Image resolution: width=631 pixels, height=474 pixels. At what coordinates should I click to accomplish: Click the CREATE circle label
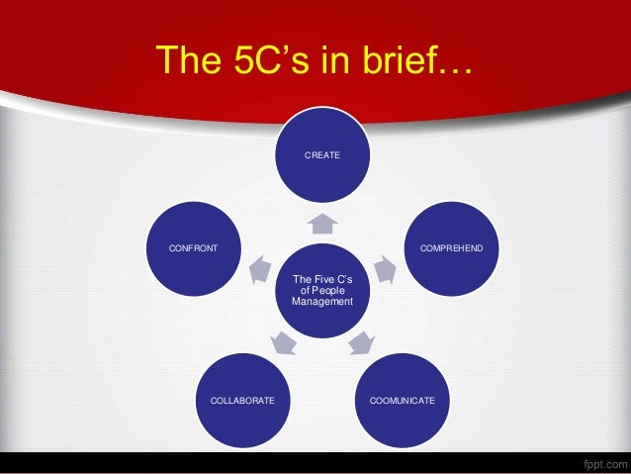point(321,155)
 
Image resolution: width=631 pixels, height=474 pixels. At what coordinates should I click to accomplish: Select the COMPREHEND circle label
point(451,246)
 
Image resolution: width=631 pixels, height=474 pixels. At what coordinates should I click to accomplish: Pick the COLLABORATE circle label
point(242,400)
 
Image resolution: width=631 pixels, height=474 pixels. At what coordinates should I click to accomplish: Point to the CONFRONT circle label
point(194,246)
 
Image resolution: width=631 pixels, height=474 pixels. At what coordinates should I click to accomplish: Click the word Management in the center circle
point(321,301)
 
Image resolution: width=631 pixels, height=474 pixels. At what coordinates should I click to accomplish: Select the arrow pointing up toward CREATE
point(322,223)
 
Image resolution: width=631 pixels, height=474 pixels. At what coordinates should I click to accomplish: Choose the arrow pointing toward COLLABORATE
point(283,342)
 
